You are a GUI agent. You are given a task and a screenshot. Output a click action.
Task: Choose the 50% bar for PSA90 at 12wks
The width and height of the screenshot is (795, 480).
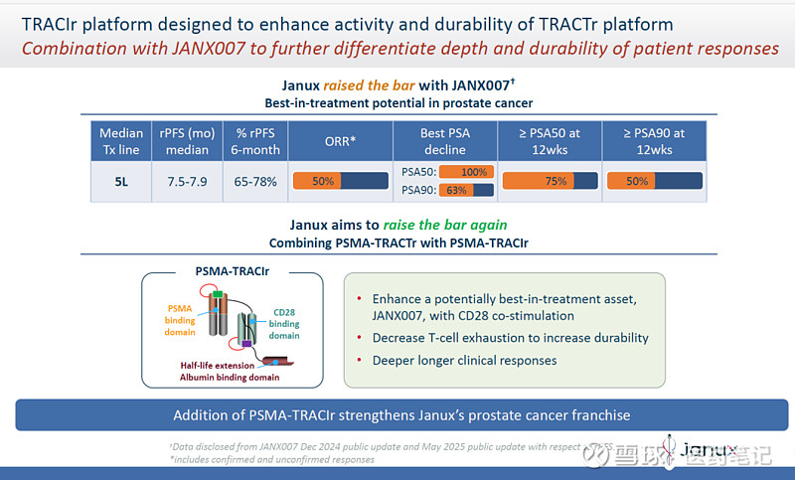654,181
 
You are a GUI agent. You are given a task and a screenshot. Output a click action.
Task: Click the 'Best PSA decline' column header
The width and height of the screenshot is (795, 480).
445,141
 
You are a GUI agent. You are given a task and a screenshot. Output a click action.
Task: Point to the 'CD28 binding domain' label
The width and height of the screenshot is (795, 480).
284,323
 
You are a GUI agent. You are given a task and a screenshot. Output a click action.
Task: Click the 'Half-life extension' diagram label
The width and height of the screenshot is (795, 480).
223,365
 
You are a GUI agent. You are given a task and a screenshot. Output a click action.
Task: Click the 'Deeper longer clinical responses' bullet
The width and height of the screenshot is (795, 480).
464,360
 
